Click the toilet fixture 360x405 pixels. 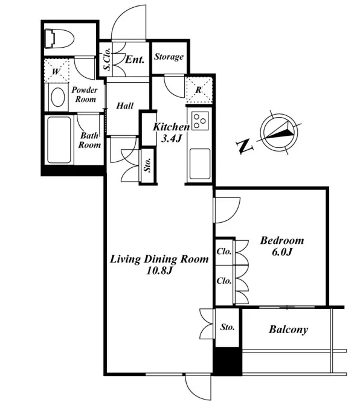(x=59, y=39)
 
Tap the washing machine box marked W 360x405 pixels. (x=57, y=71)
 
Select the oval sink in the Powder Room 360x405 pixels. (x=57, y=97)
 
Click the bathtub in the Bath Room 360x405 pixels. (x=59, y=140)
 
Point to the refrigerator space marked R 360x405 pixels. (x=199, y=89)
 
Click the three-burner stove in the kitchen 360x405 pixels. (x=200, y=121)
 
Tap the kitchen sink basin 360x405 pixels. (x=200, y=164)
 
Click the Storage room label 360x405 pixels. (x=169, y=57)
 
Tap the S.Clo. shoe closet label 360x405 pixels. (x=108, y=59)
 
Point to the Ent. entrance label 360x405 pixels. (x=135, y=60)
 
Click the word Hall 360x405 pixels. (x=125, y=106)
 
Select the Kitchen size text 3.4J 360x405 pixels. (x=170, y=139)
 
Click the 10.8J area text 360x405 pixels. (x=159, y=270)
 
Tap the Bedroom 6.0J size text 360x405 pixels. (x=282, y=252)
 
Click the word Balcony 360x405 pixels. (x=288, y=330)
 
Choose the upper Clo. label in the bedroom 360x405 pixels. (x=224, y=251)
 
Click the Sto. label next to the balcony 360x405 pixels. (x=228, y=327)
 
